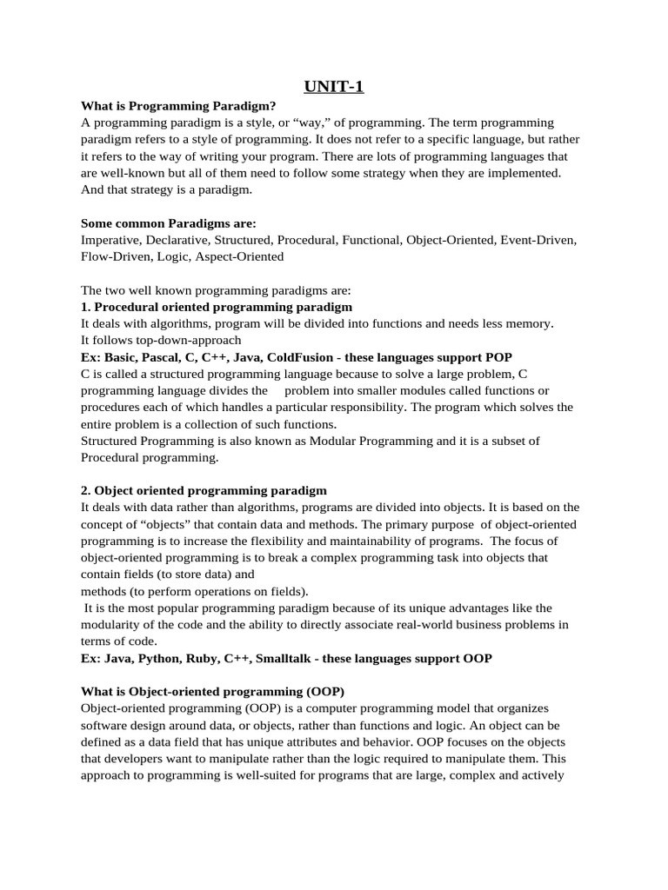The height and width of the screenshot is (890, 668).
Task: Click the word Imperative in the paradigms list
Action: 110,240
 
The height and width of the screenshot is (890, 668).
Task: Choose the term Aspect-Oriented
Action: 239,256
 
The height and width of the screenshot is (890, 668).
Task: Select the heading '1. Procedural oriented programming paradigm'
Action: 217,307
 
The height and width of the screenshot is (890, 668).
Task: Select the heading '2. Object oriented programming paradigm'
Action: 204,491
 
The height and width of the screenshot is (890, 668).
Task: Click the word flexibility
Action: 256,541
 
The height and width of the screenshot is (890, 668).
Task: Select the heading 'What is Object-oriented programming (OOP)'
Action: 213,692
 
